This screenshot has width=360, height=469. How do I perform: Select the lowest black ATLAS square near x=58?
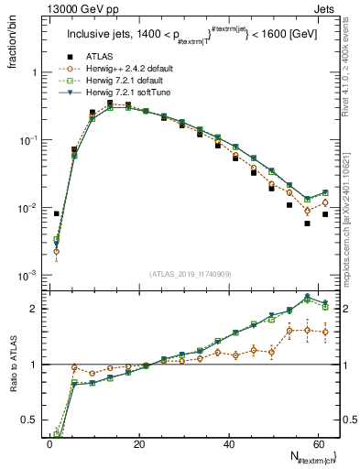point(308,224)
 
